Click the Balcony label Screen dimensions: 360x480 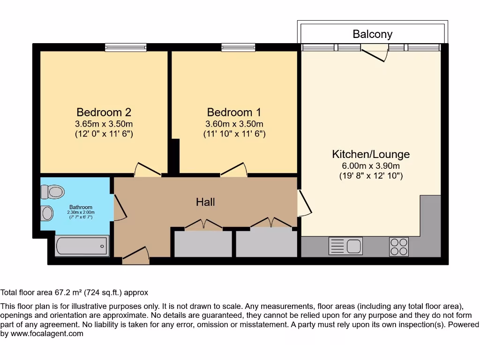click(372, 34)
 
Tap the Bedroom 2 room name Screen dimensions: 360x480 click(104, 112)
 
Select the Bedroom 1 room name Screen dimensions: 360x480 click(234, 112)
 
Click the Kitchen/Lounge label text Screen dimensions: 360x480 click(371, 154)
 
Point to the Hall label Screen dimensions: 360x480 click(205, 202)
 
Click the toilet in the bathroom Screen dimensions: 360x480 click(52, 192)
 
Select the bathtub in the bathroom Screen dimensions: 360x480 click(82, 246)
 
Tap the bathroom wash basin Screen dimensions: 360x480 click(47, 213)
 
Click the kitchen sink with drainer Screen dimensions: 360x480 click(345, 246)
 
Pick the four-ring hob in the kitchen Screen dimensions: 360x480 click(398, 247)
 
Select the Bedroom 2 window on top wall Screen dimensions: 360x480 click(126, 47)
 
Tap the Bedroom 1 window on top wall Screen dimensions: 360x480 click(238, 47)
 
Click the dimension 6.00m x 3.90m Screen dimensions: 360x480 click(371, 166)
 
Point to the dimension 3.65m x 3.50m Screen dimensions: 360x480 click(104, 124)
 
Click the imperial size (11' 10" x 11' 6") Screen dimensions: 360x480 click(234, 134)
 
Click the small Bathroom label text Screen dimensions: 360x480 click(81, 207)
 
